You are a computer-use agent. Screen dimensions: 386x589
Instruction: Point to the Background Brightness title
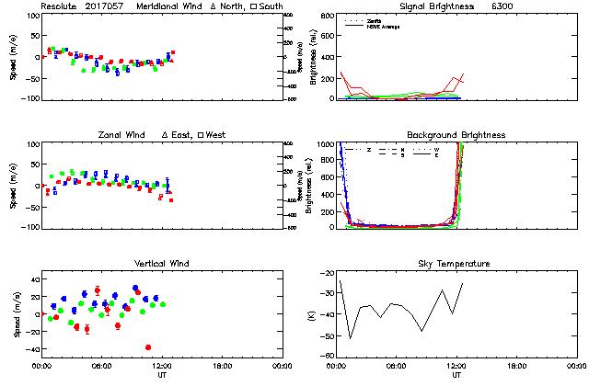point(456,135)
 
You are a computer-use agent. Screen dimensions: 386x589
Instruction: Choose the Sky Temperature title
point(456,264)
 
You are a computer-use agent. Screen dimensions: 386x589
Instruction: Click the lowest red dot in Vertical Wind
point(148,347)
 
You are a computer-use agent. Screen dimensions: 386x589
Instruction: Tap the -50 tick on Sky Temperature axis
point(327,337)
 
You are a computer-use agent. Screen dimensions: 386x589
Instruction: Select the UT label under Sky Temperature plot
point(456,375)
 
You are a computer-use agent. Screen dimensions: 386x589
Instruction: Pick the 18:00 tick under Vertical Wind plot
point(222,366)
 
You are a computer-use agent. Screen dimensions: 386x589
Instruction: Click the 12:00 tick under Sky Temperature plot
point(456,366)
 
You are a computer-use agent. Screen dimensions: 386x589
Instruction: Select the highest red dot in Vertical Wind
point(98,290)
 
